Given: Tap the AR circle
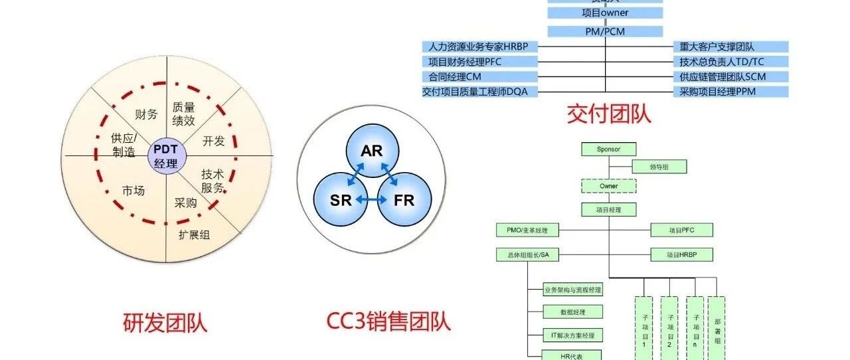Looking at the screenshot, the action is [372, 151].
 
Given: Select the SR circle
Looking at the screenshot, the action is [341, 200].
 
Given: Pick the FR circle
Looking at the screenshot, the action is [404, 200].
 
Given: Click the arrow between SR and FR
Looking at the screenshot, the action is [372, 199].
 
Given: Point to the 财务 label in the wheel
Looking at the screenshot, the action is [146, 114].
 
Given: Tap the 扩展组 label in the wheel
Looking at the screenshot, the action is [194, 234].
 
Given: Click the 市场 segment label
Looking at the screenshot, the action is [133, 191].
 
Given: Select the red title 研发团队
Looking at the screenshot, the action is [165, 323].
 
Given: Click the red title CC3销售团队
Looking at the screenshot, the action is [388, 321].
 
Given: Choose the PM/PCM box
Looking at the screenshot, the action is [605, 31].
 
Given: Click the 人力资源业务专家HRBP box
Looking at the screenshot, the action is [479, 47].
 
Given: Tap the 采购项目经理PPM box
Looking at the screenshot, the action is [730, 92].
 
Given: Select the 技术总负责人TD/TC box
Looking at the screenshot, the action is [730, 62].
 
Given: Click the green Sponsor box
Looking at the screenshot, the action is [609, 149].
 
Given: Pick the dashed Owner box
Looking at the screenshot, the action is [609, 187].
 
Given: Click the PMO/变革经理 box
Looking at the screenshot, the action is [528, 230].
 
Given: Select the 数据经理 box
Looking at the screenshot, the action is [564, 312].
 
